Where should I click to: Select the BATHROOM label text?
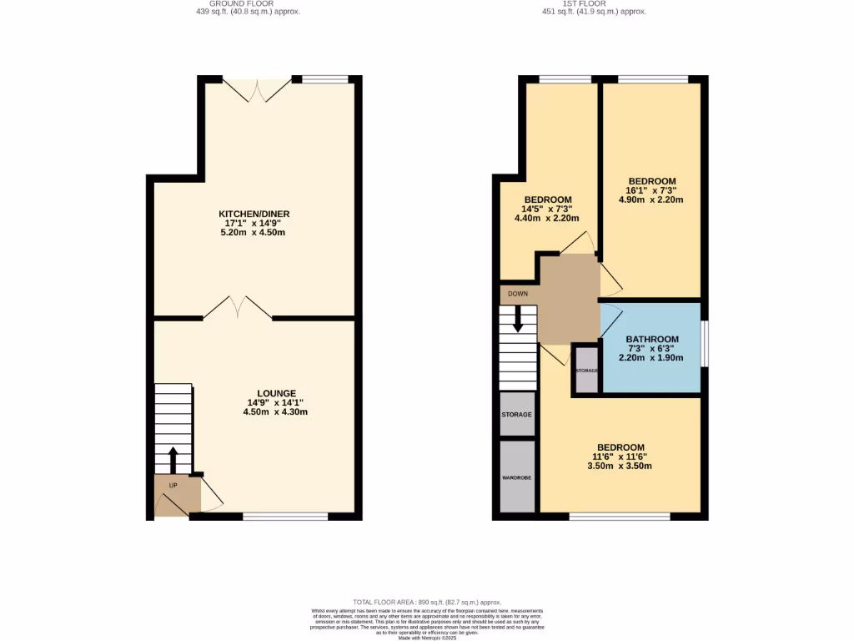point(651,339)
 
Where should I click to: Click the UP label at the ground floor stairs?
point(173,485)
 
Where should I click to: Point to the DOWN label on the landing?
point(517,294)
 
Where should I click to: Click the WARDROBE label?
point(516,477)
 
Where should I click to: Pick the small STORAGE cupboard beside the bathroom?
point(586,369)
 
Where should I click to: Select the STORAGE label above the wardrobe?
point(516,415)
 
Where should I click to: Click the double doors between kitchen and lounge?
point(238,308)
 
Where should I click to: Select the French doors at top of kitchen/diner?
point(257,90)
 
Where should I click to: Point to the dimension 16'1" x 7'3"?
point(651,190)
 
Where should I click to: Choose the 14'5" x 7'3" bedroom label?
point(546,209)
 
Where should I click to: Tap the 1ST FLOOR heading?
point(593,4)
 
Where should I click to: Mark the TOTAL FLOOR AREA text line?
point(426,602)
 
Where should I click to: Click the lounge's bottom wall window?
point(285,517)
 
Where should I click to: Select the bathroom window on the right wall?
point(704,343)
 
